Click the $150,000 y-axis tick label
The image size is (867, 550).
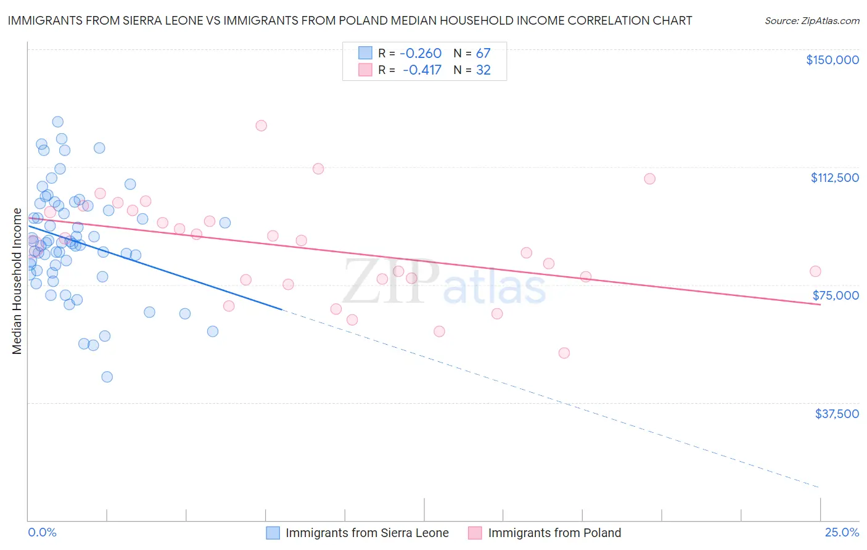832,60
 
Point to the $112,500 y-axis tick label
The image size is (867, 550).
834,178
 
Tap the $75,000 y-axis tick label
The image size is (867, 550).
836,295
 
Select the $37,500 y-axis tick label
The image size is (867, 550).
837,414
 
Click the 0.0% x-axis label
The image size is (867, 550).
42,533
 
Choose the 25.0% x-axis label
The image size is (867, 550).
842,533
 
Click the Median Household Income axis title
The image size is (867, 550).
17,281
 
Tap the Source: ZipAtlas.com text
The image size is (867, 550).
812,21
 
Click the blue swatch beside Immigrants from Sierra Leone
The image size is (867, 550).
273,533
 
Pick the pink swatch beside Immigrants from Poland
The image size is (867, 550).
475,533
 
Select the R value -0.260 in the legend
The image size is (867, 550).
421,54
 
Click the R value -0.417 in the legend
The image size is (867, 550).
422,70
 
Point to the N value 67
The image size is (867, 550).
483,54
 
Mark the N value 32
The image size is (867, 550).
483,70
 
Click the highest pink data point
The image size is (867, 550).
261,126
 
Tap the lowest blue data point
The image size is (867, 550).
107,377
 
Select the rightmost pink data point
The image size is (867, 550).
815,271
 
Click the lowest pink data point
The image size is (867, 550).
564,353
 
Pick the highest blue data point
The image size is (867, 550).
58,121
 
